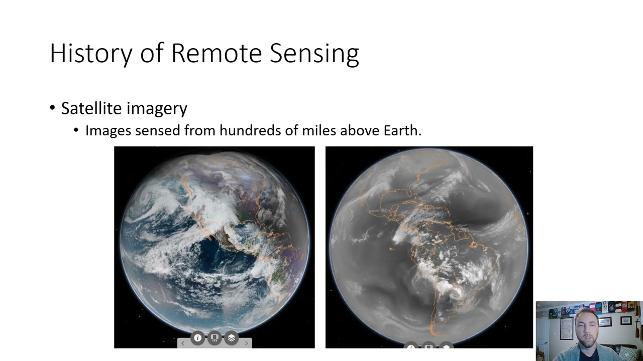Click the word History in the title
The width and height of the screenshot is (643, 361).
click(x=91, y=53)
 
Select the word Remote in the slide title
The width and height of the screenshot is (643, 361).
click(x=216, y=53)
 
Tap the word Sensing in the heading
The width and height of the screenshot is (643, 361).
click(x=314, y=53)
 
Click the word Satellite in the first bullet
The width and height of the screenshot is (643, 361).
click(x=91, y=108)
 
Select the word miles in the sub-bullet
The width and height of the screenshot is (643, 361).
click(x=319, y=130)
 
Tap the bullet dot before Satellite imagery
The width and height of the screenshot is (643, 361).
click(x=53, y=108)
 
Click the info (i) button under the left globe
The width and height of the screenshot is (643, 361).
click(x=198, y=338)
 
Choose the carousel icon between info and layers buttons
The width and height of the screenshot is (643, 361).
click(x=215, y=338)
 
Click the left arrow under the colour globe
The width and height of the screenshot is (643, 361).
click(x=183, y=343)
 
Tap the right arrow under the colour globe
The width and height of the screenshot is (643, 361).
click(x=246, y=343)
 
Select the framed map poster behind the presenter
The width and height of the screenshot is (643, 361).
click(x=566, y=328)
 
